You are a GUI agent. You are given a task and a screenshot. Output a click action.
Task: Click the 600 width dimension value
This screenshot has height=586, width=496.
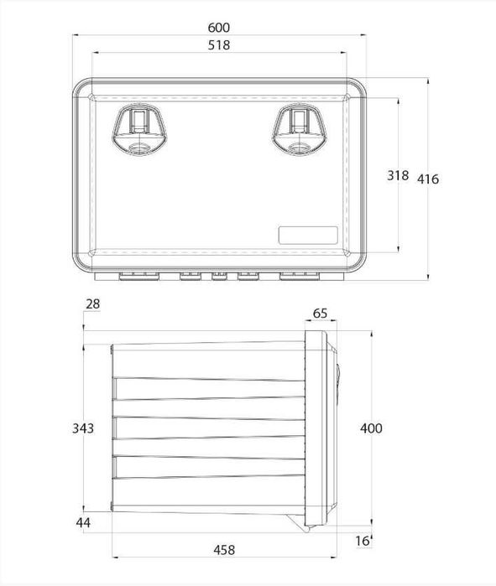[219, 29]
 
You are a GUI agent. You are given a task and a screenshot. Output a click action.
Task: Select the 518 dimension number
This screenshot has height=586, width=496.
[219, 45]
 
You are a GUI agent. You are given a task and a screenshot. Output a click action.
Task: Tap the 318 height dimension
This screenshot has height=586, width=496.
[398, 176]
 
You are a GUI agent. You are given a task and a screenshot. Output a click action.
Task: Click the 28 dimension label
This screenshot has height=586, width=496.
[92, 303]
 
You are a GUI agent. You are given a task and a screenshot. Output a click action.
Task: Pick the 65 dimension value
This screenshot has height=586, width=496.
[320, 314]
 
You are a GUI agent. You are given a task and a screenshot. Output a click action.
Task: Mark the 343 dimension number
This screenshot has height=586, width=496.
[83, 428]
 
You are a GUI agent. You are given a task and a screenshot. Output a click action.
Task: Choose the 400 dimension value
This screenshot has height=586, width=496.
[370, 428]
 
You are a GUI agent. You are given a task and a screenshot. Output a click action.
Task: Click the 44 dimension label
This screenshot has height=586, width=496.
[83, 523]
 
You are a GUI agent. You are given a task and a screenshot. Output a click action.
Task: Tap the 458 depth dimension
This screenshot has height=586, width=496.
[224, 551]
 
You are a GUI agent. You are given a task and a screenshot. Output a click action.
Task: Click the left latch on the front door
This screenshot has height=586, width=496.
[138, 131]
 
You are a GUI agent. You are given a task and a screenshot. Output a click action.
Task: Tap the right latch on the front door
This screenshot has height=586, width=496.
[298, 131]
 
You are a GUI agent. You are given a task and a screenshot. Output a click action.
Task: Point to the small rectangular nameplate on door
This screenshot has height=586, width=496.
[308, 234]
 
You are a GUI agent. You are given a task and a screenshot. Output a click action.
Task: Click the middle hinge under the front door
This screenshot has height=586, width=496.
[220, 275]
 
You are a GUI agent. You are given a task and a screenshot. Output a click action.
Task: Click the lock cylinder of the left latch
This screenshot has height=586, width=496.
[138, 148]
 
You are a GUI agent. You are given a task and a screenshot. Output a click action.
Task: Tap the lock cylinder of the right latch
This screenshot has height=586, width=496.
[298, 148]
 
